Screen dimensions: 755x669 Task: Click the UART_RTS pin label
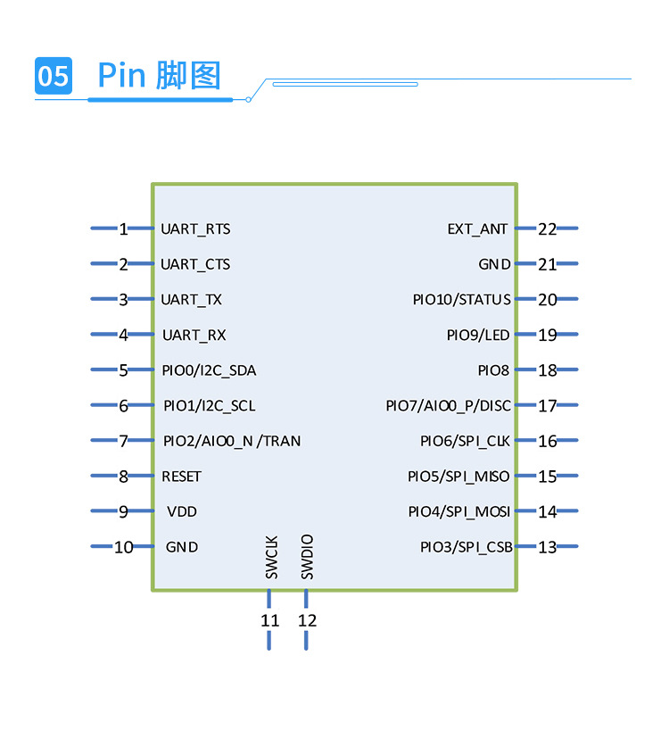pyautogui.click(x=195, y=228)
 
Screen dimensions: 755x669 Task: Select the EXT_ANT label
pyautogui.click(x=477, y=228)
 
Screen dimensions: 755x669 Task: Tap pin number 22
pyautogui.click(x=547, y=228)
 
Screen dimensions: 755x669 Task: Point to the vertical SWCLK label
pyautogui.click(x=272, y=558)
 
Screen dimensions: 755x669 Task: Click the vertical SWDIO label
pyautogui.click(x=308, y=558)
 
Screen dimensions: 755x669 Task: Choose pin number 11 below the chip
pyautogui.click(x=269, y=620)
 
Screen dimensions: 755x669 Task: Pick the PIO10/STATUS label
pyautogui.click(x=461, y=300)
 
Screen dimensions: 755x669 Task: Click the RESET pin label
pyautogui.click(x=181, y=477)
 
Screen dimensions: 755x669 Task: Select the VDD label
pyautogui.click(x=182, y=511)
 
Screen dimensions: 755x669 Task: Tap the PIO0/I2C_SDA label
pyautogui.click(x=209, y=370)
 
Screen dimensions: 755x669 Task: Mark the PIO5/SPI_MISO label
pyautogui.click(x=458, y=477)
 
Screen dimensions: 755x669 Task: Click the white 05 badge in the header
pyautogui.click(x=53, y=76)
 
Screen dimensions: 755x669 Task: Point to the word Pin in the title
pyautogui.click(x=121, y=76)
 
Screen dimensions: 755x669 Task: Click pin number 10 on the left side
pyautogui.click(x=123, y=547)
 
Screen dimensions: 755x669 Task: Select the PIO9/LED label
pyautogui.click(x=478, y=336)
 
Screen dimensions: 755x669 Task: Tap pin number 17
pyautogui.click(x=547, y=406)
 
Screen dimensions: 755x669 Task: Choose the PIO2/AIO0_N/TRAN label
pyautogui.click(x=232, y=441)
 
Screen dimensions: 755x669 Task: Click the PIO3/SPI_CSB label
pyautogui.click(x=466, y=547)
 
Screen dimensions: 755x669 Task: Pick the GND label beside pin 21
pyautogui.click(x=494, y=264)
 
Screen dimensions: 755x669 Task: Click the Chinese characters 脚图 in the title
pyautogui.click(x=187, y=76)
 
